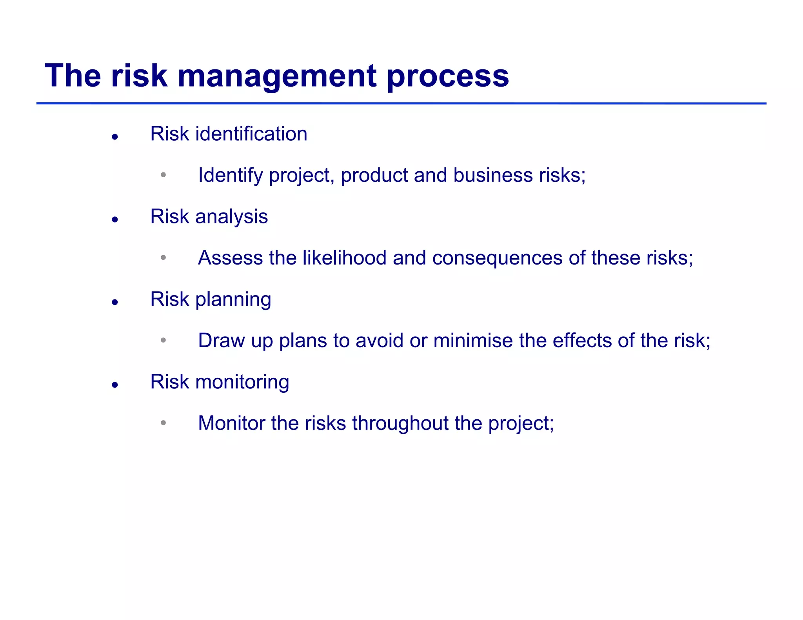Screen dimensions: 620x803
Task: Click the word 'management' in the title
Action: coord(277,76)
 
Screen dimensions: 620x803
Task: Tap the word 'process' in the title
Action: coord(448,76)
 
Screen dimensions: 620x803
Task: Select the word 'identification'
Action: coord(251,134)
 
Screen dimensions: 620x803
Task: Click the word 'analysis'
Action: coord(231,217)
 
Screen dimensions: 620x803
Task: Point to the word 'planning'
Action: coord(233,300)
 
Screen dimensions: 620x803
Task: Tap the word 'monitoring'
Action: coord(242,382)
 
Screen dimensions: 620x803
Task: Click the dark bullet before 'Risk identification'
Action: coord(115,137)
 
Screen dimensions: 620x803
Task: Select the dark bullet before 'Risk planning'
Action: coord(115,302)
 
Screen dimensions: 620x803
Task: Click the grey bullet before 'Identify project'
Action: coord(164,175)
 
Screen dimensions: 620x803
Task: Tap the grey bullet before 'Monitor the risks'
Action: coord(164,423)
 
